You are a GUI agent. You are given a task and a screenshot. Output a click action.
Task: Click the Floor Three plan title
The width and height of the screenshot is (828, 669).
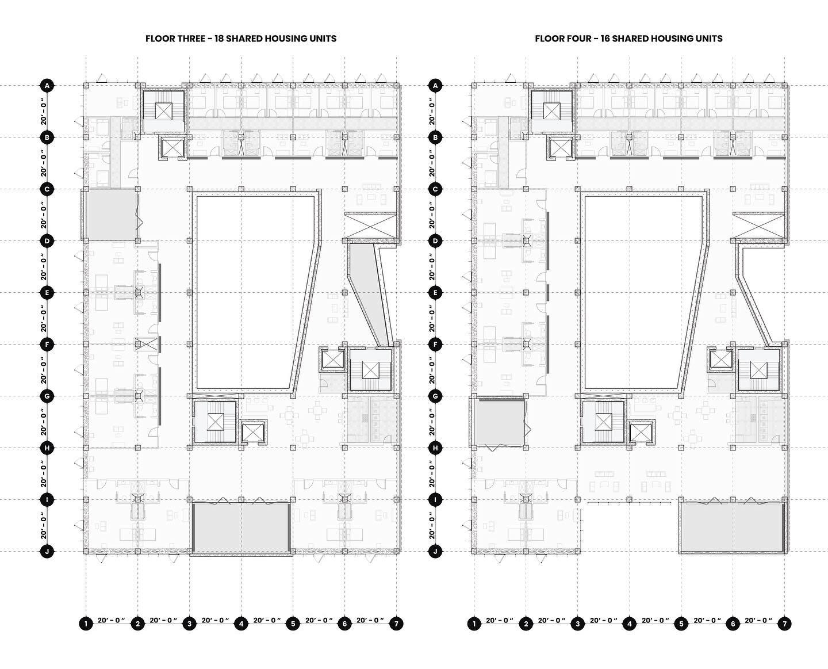[x=241, y=39]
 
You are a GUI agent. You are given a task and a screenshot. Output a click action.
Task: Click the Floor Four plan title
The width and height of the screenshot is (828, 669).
[x=628, y=39]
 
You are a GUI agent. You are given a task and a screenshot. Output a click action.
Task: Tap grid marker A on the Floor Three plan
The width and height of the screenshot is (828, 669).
[x=47, y=86]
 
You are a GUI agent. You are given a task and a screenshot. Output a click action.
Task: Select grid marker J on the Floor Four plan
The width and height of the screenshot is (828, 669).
[x=435, y=552]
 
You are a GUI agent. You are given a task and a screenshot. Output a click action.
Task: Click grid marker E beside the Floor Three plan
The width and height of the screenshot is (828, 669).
[x=47, y=293]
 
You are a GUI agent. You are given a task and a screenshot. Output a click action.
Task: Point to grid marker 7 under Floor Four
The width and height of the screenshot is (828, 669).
[x=785, y=624]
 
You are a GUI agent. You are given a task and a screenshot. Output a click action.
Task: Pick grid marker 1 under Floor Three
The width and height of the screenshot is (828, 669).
[x=86, y=624]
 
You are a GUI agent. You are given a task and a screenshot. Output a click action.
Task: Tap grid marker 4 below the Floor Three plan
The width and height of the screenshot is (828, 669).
[x=241, y=624]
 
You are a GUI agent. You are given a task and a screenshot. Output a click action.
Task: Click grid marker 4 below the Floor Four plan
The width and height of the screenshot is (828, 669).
[x=630, y=624]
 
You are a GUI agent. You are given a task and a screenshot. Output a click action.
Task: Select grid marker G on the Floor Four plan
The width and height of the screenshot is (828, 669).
[x=435, y=396]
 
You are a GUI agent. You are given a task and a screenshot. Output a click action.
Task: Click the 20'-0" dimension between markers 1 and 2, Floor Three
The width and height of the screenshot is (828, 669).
[x=112, y=621]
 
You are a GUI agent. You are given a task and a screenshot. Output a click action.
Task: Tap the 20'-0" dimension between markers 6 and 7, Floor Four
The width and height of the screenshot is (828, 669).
[x=758, y=621]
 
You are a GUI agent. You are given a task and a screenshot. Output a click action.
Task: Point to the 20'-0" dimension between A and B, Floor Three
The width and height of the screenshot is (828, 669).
[x=44, y=112]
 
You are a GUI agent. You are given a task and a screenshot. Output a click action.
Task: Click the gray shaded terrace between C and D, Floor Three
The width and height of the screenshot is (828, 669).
[x=111, y=215]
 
